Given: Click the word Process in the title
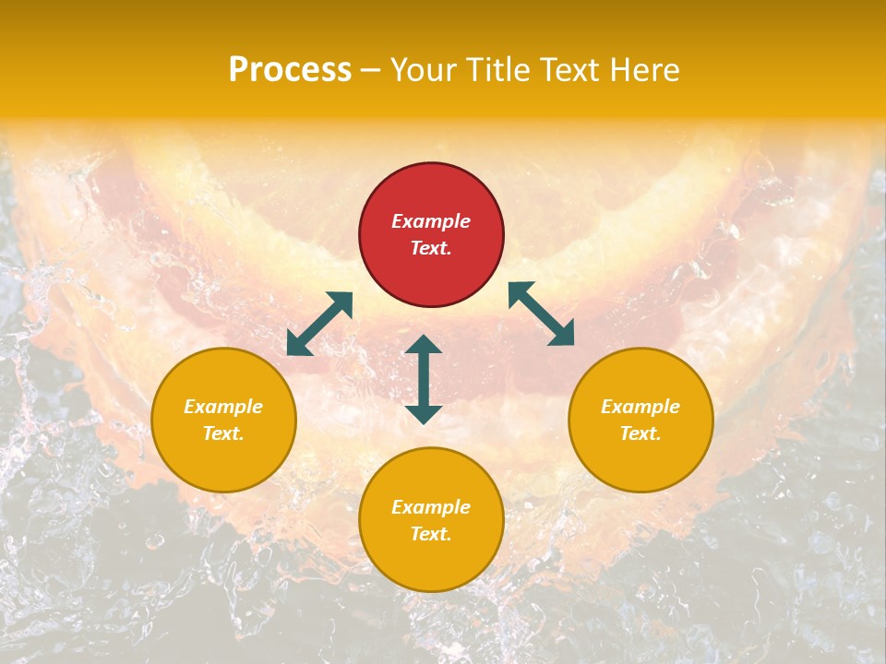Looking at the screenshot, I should pyautogui.click(x=290, y=70).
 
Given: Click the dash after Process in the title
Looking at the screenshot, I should pyautogui.click(x=371, y=72).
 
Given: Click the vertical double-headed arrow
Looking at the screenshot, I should pyautogui.click(x=424, y=379).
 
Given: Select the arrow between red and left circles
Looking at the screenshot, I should pyautogui.click(x=319, y=324).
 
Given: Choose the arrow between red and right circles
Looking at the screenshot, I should pyautogui.click(x=542, y=314).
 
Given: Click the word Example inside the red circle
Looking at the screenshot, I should pyautogui.click(x=431, y=221).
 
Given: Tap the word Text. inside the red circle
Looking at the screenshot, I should pyautogui.click(x=431, y=248).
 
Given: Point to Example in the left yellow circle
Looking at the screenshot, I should pyautogui.click(x=223, y=407).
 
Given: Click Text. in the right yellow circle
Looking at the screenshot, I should pyautogui.click(x=641, y=433).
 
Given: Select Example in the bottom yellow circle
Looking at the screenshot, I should pyautogui.click(x=431, y=507).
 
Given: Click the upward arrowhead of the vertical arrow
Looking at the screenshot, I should pyautogui.click(x=424, y=345).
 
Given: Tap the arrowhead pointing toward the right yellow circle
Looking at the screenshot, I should pyautogui.click(x=562, y=335).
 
